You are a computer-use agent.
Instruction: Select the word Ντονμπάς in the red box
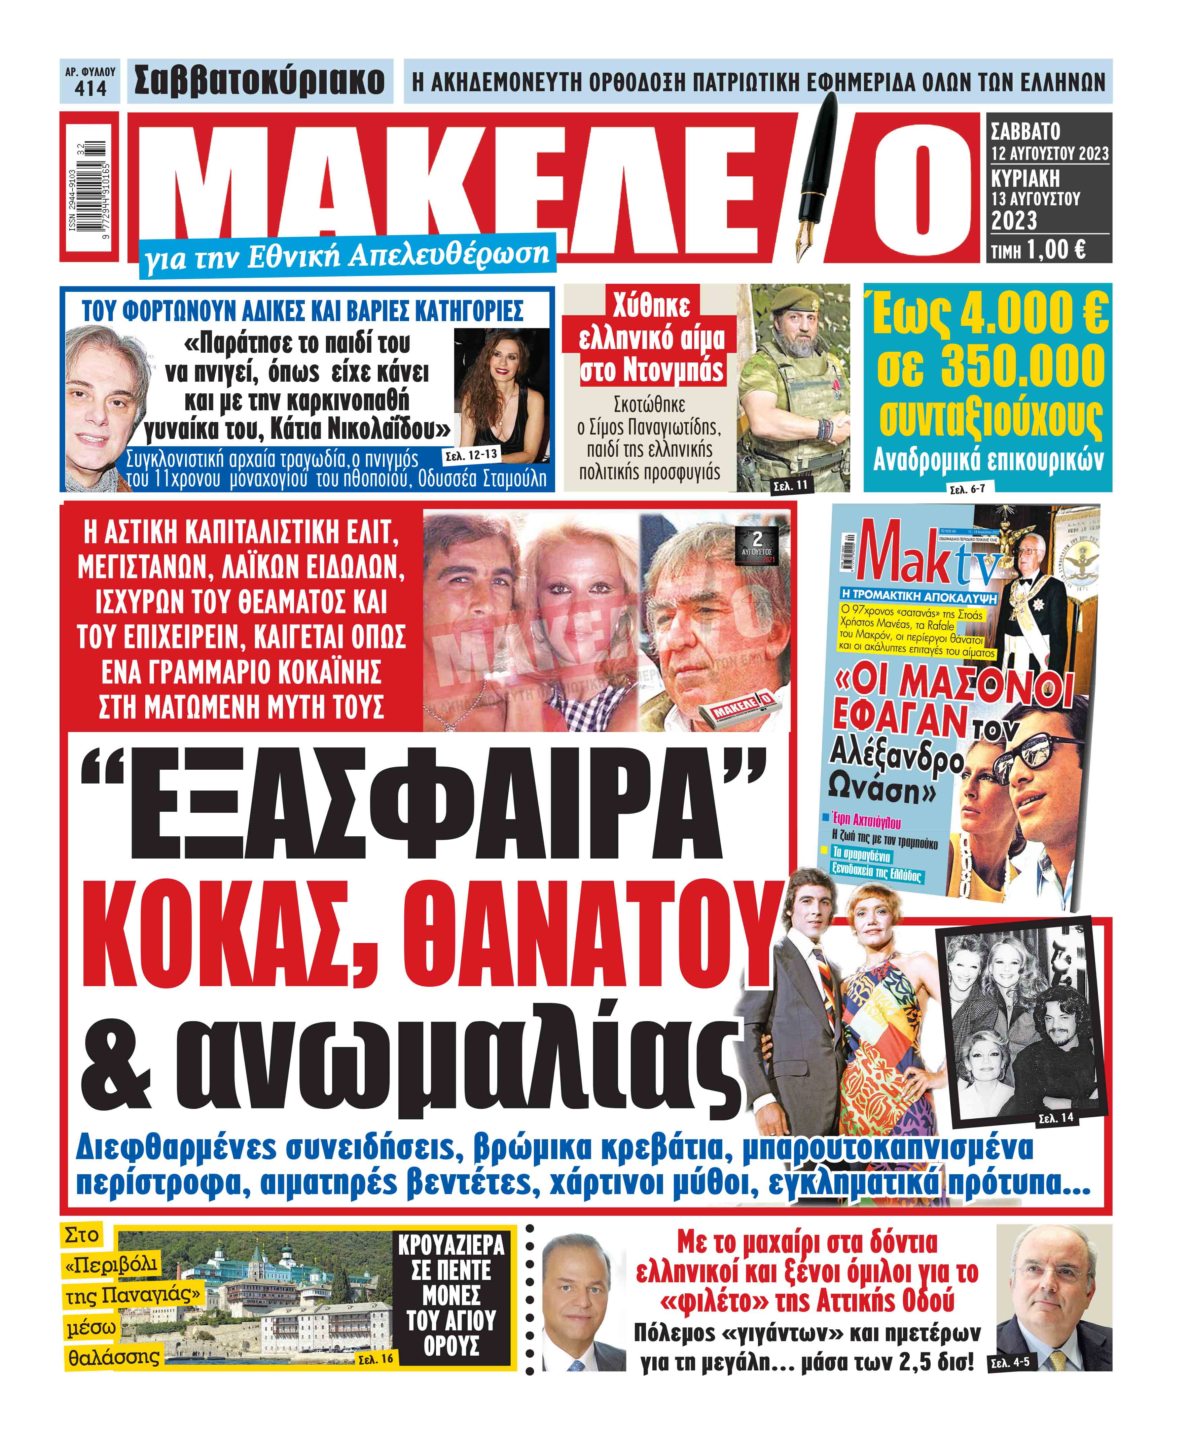pos(650,371)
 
